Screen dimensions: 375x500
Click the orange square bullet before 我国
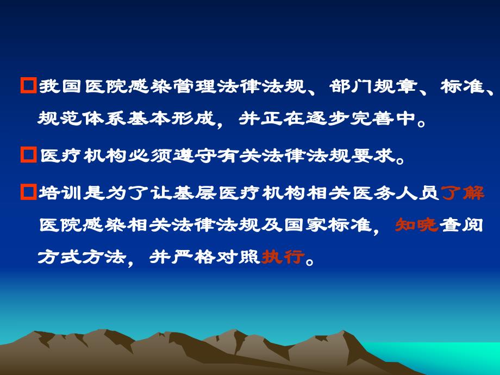(28, 86)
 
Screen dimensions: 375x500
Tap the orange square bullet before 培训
(28, 192)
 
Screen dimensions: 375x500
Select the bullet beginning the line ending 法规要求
(28, 157)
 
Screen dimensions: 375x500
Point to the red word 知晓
(416, 224)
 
